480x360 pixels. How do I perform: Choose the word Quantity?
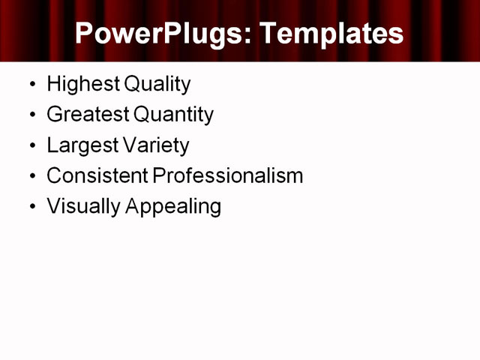point(173,115)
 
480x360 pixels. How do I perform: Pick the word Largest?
point(81,145)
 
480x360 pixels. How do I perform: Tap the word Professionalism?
point(228,175)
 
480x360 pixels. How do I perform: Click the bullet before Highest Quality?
point(31,85)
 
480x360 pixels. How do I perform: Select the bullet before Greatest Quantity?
point(31,115)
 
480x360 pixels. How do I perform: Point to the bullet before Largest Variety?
point(31,145)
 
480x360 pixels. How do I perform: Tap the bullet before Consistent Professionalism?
point(31,176)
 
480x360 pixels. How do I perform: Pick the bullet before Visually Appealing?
point(31,207)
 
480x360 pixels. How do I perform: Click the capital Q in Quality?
point(133,84)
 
